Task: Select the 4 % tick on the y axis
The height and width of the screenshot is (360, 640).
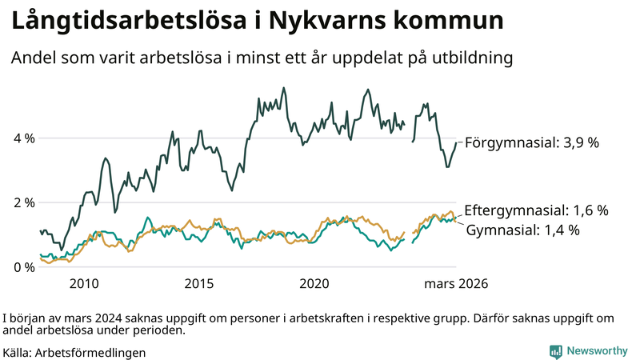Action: [x=23, y=138]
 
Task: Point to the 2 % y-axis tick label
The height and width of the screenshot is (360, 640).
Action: [x=23, y=202]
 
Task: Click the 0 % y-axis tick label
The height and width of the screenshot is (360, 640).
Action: [x=23, y=266]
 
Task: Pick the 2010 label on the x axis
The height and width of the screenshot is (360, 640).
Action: [x=84, y=283]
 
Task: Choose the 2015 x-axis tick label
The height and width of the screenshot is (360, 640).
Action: [x=199, y=283]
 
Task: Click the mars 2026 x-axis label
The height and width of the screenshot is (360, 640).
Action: [x=456, y=283]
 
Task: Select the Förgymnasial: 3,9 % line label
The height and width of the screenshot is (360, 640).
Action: [x=532, y=142]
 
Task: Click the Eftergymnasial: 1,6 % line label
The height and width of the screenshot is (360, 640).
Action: [x=536, y=210]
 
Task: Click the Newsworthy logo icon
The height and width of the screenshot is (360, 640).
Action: [x=555, y=351]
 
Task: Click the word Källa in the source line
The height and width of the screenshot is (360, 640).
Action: [x=18, y=352]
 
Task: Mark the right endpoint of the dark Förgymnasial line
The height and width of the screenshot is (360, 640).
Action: [x=456, y=142]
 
